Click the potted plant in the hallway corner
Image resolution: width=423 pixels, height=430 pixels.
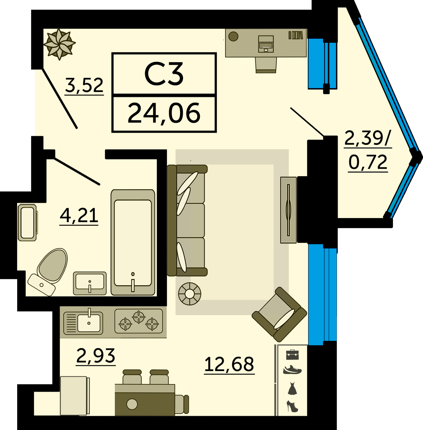click(x=59, y=44)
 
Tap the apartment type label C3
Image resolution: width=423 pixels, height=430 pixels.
click(x=164, y=74)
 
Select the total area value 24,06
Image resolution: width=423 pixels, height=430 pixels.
click(x=164, y=113)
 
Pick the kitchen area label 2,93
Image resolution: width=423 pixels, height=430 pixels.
click(x=96, y=356)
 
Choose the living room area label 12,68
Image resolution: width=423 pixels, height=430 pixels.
click(x=229, y=364)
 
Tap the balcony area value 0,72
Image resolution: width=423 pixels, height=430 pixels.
click(x=368, y=162)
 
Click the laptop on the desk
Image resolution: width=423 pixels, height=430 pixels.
click(x=266, y=44)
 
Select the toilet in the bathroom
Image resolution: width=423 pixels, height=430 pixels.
click(x=48, y=272)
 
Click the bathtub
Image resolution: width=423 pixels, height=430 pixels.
click(x=133, y=242)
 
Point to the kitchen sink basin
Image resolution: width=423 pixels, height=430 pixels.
click(x=89, y=323)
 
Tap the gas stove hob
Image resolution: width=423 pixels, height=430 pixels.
click(x=138, y=321)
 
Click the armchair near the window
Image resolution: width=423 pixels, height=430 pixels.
click(x=280, y=314)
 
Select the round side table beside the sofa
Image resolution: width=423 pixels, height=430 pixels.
click(x=190, y=294)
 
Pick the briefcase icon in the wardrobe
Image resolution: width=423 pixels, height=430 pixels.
click(x=292, y=355)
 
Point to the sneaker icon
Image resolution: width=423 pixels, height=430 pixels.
click(x=292, y=370)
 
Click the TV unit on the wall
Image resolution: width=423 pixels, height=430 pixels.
click(x=288, y=210)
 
